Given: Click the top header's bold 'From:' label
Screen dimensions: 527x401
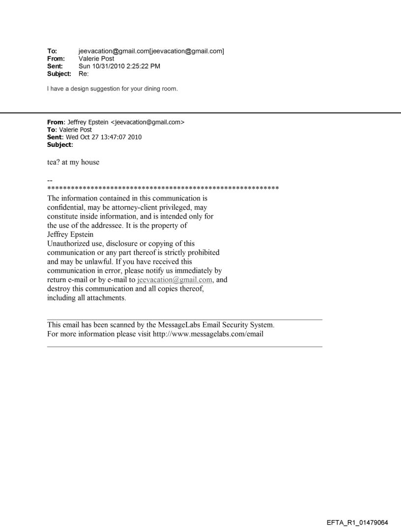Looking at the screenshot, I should (55, 57).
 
